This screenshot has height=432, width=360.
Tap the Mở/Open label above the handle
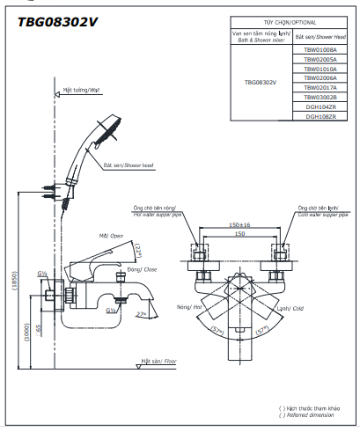point(111,236)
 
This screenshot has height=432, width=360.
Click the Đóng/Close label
point(141,269)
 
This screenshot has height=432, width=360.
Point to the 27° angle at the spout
point(142,314)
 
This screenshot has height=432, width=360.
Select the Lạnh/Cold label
point(290,309)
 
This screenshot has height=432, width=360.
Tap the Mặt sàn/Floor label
point(159,361)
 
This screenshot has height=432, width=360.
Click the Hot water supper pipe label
point(162,213)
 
